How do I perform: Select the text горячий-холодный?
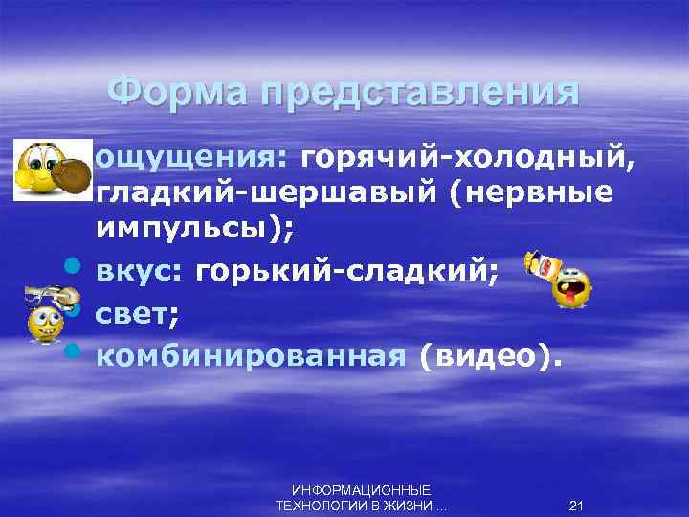(x=466, y=157)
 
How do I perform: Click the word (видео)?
(x=484, y=355)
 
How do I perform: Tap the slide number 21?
(x=576, y=506)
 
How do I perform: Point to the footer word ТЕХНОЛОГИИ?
(x=317, y=506)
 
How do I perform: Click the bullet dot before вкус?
(x=72, y=273)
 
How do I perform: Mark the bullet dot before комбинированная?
(x=72, y=354)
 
